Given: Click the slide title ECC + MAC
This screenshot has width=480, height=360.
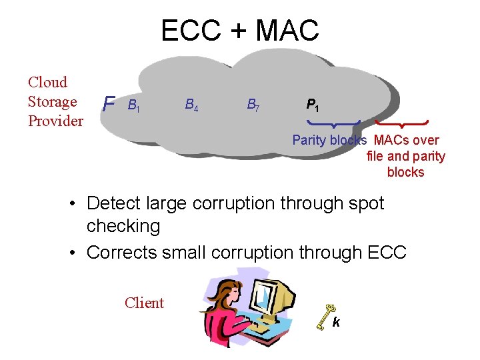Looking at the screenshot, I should (240, 30).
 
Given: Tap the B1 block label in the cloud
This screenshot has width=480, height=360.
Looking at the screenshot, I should (133, 105).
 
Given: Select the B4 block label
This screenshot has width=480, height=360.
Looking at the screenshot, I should (191, 105).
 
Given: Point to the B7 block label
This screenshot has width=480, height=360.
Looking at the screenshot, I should (253, 105).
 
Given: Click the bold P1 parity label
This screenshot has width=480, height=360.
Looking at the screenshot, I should (312, 105).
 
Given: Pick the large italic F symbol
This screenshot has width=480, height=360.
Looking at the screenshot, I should (110, 104).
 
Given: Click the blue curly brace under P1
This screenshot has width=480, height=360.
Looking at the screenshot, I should (333, 124).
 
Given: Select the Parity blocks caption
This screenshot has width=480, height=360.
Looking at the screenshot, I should (329, 141).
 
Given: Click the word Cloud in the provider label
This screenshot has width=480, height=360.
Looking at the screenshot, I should (47, 83).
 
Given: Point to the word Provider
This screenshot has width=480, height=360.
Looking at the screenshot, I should (55, 121).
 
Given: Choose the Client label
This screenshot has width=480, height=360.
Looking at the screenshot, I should (144, 303).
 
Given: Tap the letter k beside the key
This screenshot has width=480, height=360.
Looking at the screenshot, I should (337, 323).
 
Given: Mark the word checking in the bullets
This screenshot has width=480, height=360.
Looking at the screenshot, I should (123, 227).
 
